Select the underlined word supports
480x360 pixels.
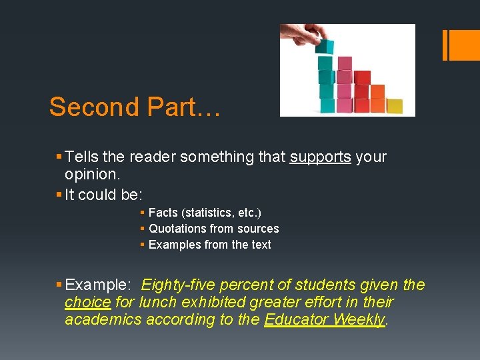[321, 157]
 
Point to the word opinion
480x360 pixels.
[91, 174]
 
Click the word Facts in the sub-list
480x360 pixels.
[163, 213]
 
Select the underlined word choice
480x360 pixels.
[87, 302]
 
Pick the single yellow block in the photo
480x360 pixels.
[395, 105]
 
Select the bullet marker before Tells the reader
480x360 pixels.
[59, 157]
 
